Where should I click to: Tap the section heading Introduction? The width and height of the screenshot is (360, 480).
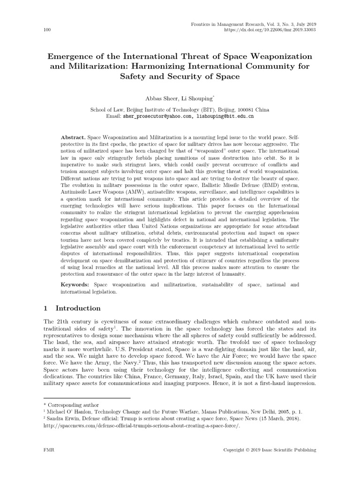pyautogui.click(x=78, y=308)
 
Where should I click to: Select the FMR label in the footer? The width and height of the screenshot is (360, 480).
pyautogui.click(x=48, y=450)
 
